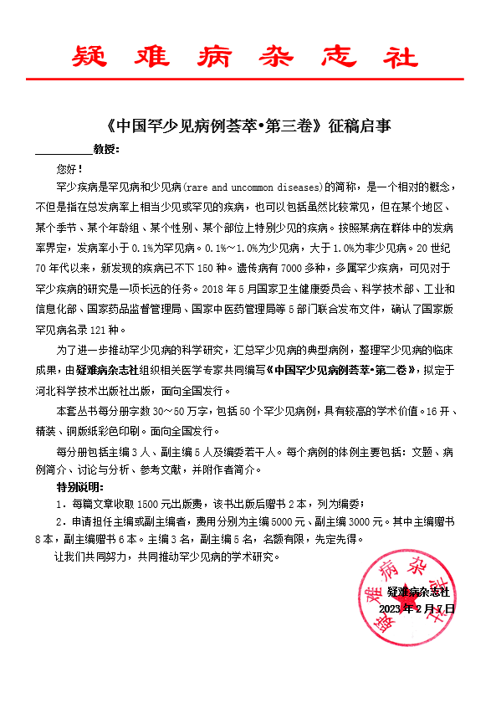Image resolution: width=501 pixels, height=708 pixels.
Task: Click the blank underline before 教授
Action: pyautogui.click(x=64, y=151)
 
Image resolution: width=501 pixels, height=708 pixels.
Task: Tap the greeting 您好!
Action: pyautogui.click(x=69, y=168)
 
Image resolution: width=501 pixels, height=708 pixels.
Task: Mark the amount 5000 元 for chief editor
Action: pyautogui.click(x=284, y=521)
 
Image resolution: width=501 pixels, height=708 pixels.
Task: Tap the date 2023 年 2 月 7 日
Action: pyautogui.click(x=416, y=608)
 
